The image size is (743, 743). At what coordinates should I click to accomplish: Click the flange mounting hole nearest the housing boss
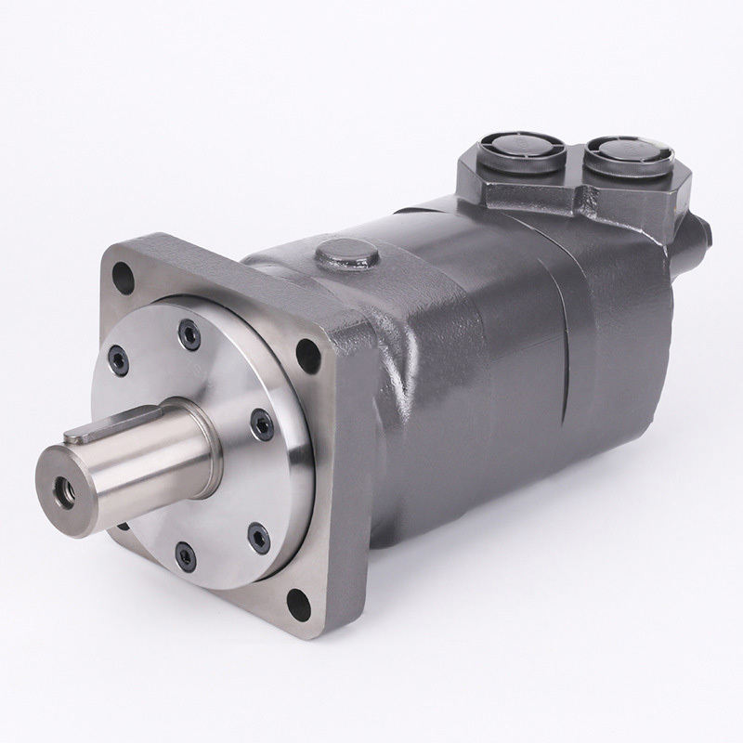coord(304,352)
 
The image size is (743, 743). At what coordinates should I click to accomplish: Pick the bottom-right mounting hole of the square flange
coord(299,605)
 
